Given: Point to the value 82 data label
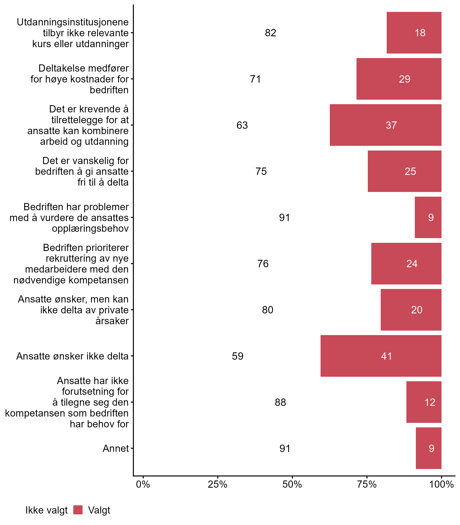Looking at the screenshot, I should pyautogui.click(x=271, y=33).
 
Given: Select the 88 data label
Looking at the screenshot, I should pyautogui.click(x=280, y=402).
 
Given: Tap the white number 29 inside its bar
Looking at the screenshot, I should pyautogui.click(x=405, y=79).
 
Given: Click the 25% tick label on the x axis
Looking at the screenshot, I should pyautogui.click(x=217, y=484).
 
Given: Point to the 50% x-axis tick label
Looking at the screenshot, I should pyautogui.click(x=292, y=484).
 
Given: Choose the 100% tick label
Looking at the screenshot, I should pyautogui.click(x=442, y=484).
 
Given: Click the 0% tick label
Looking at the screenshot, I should pyautogui.click(x=143, y=484).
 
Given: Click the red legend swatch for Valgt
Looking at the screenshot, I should pyautogui.click(x=78, y=510).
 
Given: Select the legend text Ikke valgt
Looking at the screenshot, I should pyautogui.click(x=46, y=510).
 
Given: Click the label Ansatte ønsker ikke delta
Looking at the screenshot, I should pyautogui.click(x=72, y=356).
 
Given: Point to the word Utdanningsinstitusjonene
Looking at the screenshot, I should pyautogui.click(x=73, y=22).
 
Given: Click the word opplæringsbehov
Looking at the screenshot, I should pyautogui.click(x=90, y=228).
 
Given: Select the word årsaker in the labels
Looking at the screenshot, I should pyautogui.click(x=112, y=321).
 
